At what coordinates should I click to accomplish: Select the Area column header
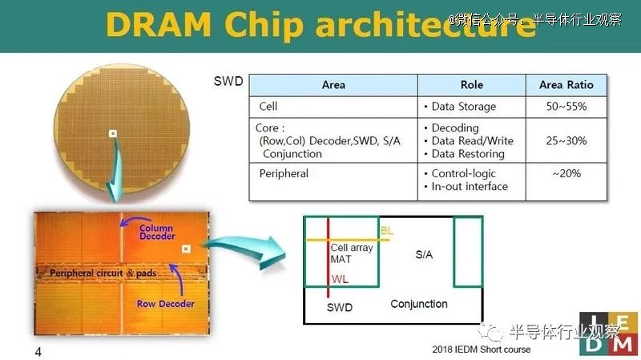pyautogui.click(x=333, y=85)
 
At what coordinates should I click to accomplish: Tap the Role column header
pyautogui.click(x=472, y=85)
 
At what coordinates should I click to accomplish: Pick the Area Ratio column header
pyautogui.click(x=566, y=85)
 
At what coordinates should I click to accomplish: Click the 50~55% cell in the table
pyautogui.click(x=566, y=106)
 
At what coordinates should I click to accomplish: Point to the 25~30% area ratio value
pyautogui.click(x=566, y=140)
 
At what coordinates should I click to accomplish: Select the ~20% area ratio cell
pyautogui.click(x=566, y=173)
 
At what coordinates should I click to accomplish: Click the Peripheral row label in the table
pyautogui.click(x=284, y=173)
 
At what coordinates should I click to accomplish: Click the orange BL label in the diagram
pyautogui.click(x=387, y=230)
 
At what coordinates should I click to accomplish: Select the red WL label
pyautogui.click(x=340, y=280)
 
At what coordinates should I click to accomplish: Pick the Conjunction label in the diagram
pyautogui.click(x=418, y=305)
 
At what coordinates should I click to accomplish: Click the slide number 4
pyautogui.click(x=38, y=352)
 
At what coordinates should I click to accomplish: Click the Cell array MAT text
pyautogui.click(x=352, y=253)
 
